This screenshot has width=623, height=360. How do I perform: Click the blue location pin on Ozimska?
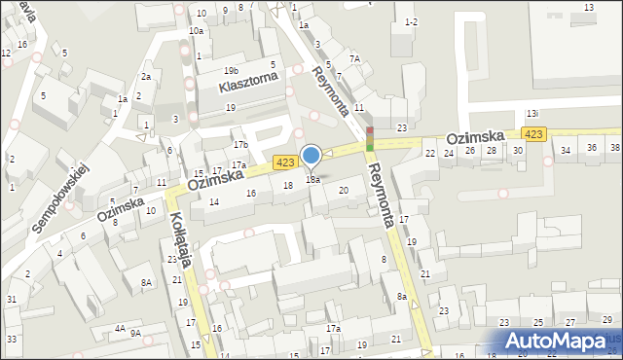tap(311, 157)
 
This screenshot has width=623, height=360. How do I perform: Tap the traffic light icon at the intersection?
tap(370, 139)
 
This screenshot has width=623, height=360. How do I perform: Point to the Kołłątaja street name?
tap(179, 235)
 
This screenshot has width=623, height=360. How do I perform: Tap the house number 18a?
tap(313, 179)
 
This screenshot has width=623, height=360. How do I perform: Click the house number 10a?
tap(196, 31)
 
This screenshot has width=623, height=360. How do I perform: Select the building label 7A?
tap(355, 59)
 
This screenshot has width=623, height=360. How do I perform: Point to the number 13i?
tap(532, 114)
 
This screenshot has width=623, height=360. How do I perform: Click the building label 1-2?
tap(411, 21)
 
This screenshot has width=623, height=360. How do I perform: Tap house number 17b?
tap(239, 145)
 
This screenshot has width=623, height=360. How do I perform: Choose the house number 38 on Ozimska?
tap(614, 148)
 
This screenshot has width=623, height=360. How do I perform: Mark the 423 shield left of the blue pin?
tap(284, 162)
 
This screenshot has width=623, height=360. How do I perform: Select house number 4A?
tap(119, 329)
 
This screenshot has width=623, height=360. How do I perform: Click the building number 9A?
tap(136, 333)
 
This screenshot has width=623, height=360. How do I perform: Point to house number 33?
tap(11, 339)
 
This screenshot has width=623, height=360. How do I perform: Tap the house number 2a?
tap(145, 76)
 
